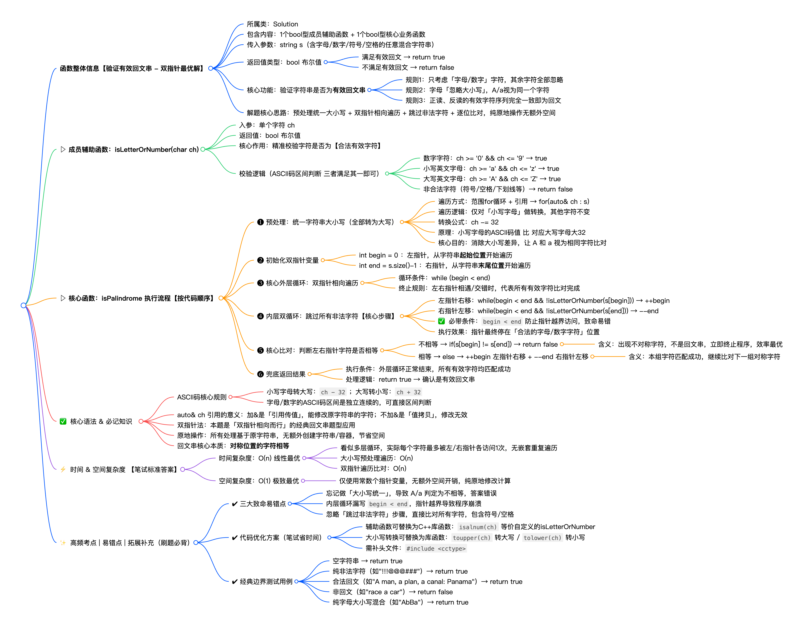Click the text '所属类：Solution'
click(272, 24)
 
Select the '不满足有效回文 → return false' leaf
click(408, 67)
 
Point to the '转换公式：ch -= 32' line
click(468, 222)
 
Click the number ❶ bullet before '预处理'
click(260, 222)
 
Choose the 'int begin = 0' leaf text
click(378, 255)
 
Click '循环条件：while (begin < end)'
click(444, 278)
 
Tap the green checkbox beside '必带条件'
click(441, 321)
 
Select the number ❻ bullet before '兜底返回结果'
click(260, 374)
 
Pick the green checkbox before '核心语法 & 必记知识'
click(63, 421)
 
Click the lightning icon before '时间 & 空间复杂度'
click(63, 469)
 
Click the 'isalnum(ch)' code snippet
click(478, 527)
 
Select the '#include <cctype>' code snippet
click(436, 548)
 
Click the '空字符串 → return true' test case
click(367, 561)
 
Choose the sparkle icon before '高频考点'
click(63, 542)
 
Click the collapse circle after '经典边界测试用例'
click(296, 581)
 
